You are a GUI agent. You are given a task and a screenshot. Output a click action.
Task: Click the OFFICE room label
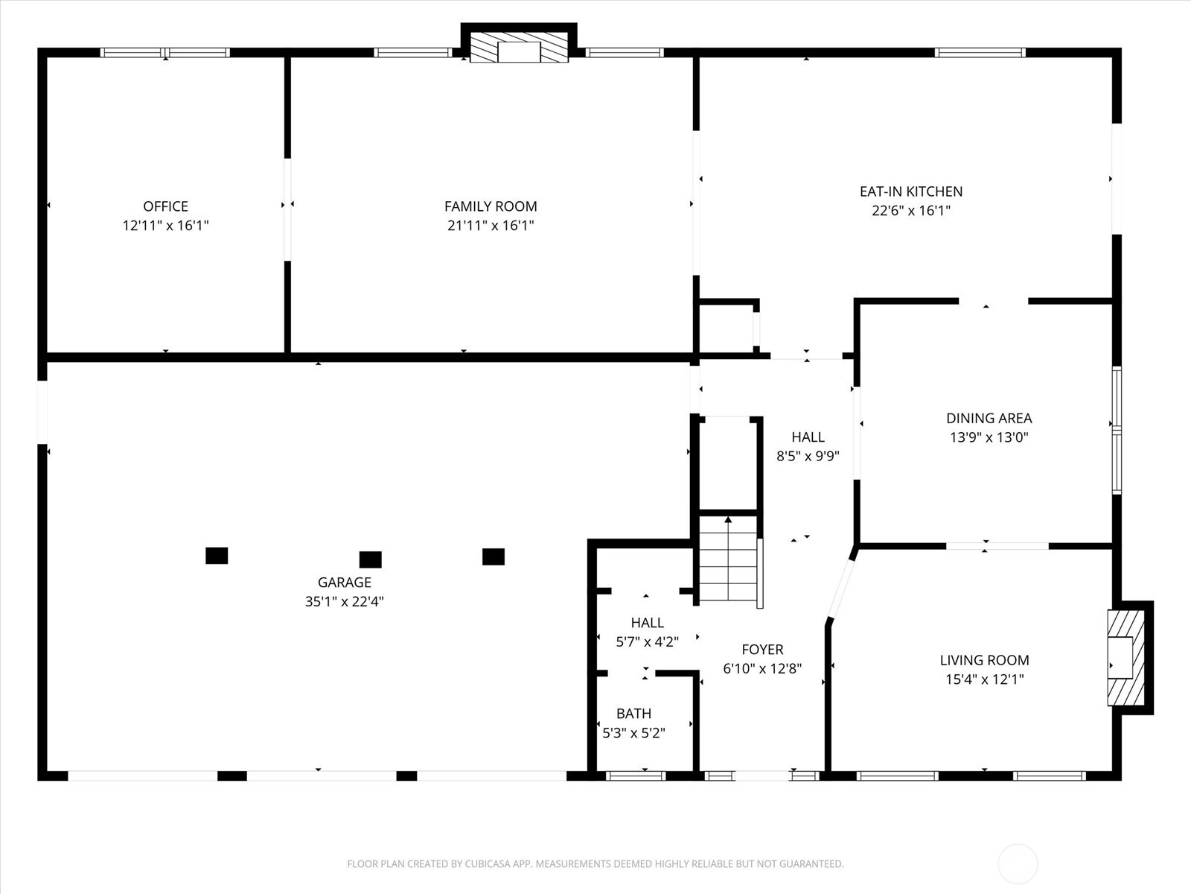[x=165, y=206]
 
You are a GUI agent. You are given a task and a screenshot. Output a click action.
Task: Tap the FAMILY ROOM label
[x=491, y=206]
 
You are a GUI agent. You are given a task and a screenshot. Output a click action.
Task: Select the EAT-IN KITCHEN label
[x=911, y=191]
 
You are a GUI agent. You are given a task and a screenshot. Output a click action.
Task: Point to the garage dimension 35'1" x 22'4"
[x=345, y=601]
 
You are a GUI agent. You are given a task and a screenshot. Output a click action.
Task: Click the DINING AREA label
[x=989, y=418]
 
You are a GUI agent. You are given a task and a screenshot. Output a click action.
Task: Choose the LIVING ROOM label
[x=984, y=660]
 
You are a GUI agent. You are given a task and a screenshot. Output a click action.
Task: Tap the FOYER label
[x=762, y=650]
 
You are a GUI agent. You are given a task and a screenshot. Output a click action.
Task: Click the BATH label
[x=633, y=713]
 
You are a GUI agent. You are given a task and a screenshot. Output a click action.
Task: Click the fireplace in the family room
[x=519, y=48]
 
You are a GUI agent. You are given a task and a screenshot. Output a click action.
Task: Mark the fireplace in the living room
[x=1126, y=658]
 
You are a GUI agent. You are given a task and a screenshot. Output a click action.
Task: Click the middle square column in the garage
[x=371, y=559]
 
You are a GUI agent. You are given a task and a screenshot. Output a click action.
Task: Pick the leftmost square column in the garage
[x=217, y=556]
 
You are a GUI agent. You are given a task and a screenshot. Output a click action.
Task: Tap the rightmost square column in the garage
[x=494, y=557]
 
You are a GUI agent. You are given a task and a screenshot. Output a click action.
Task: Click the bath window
[x=636, y=776]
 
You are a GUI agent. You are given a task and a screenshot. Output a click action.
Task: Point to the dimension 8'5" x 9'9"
[x=808, y=456]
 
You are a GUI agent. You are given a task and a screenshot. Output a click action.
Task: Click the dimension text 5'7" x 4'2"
[x=648, y=641]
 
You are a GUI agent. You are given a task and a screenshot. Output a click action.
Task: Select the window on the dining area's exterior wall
[x=1117, y=431]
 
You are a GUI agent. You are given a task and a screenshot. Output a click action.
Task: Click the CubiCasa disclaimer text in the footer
[x=595, y=863]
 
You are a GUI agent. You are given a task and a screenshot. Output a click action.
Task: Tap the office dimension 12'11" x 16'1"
[x=165, y=225]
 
